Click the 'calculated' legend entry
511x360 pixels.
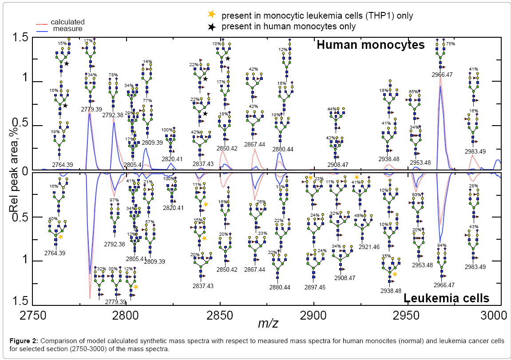click(67, 22)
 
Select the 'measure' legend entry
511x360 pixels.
click(67, 29)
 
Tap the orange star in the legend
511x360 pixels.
click(212, 15)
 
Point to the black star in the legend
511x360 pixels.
click(212, 26)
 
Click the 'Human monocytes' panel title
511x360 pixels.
click(370, 45)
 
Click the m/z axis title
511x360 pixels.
click(268, 323)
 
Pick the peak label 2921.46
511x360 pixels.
click(369, 247)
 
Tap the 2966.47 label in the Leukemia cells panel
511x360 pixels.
click(442, 285)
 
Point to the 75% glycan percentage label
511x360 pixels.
click(451, 44)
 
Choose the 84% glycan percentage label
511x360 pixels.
click(442, 245)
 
